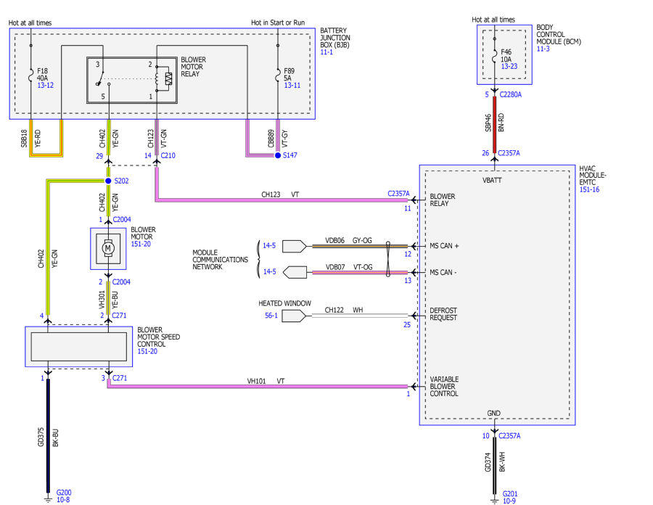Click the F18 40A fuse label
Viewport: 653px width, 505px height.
coord(43,75)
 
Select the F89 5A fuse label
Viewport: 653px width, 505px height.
coord(289,75)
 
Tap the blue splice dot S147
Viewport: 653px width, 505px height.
coord(278,155)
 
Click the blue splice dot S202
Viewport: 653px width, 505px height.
coord(108,181)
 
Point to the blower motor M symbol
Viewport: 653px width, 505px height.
coord(108,248)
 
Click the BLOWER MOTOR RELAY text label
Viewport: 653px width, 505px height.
coord(193,67)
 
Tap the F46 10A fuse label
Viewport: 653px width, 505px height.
coord(506,55)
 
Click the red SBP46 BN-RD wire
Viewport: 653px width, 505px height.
coord(494,125)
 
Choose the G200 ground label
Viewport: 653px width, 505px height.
coord(64,493)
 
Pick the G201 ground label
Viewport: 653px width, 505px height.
coord(510,494)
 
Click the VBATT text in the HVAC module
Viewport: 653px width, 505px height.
coord(492,180)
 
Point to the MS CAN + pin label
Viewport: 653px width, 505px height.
coord(444,246)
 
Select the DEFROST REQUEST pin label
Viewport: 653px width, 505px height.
coord(443,314)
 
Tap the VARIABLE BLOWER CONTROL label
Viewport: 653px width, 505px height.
coord(444,386)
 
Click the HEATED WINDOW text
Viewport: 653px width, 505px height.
coord(285,303)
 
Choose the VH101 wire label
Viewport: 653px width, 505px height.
coord(257,381)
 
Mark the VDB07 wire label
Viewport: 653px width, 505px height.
coord(335,267)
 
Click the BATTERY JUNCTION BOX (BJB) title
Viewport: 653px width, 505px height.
coord(335,38)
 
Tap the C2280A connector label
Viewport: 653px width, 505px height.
coord(511,94)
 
